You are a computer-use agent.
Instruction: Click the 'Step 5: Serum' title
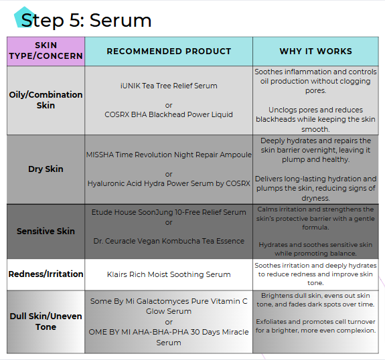pyautogui.click(x=86, y=20)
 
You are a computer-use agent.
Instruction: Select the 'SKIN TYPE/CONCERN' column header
pyautogui.click(x=46, y=51)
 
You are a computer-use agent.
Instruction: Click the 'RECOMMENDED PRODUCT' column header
pyautogui.click(x=169, y=52)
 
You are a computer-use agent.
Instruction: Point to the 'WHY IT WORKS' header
pyautogui.click(x=315, y=52)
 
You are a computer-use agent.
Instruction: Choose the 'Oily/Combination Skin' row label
pyautogui.click(x=46, y=100)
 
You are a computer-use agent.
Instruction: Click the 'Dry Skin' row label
pyautogui.click(x=46, y=169)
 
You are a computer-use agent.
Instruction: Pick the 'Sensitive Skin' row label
pyautogui.click(x=46, y=231)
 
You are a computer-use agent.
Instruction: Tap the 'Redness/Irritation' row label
pyautogui.click(x=46, y=274)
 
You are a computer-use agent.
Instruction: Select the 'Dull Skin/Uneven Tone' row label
pyautogui.click(x=46, y=321)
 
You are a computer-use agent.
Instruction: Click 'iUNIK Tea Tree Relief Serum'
pyautogui.click(x=169, y=86)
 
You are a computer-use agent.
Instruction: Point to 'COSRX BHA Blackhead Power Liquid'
pyautogui.click(x=169, y=114)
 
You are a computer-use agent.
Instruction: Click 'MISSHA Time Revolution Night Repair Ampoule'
pyautogui.click(x=169, y=155)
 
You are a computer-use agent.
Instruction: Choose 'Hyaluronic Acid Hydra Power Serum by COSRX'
pyautogui.click(x=169, y=183)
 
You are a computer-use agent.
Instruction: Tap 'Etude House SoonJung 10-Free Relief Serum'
pyautogui.click(x=169, y=212)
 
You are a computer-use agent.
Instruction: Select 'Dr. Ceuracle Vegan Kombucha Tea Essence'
pyautogui.click(x=169, y=241)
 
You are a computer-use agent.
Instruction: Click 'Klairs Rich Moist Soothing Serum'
pyautogui.click(x=169, y=274)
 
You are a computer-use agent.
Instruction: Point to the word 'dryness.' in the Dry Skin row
pyautogui.click(x=315, y=198)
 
